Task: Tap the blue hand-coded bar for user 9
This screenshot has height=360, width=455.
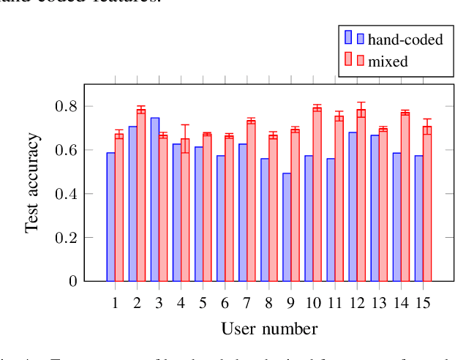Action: click(x=287, y=227)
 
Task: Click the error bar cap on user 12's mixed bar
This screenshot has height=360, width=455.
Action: click(x=361, y=102)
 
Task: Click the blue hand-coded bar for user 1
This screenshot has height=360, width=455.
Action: click(x=110, y=217)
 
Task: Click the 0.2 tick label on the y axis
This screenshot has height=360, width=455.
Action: click(x=67, y=237)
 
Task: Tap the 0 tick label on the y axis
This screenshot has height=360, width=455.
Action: click(x=73, y=281)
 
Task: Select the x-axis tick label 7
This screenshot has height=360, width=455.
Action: click(x=247, y=302)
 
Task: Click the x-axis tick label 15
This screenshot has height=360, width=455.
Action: click(x=423, y=302)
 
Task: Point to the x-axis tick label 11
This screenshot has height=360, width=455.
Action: click(x=334, y=302)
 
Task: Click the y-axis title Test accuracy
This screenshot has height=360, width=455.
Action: click(x=33, y=183)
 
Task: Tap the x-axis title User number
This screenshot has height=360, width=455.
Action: click(x=269, y=329)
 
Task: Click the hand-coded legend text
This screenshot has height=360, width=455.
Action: click(x=405, y=40)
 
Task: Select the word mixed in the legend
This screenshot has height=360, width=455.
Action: click(x=388, y=61)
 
